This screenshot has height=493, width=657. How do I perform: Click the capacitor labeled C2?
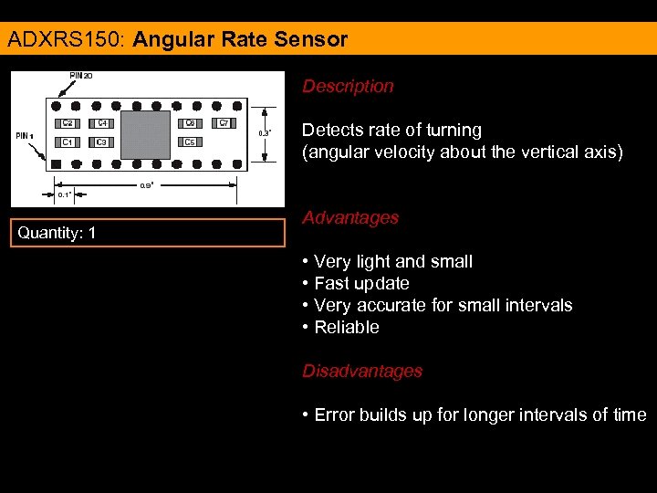(x=68, y=123)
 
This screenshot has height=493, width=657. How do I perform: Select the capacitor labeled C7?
(x=224, y=123)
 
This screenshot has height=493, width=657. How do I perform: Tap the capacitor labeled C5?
(x=189, y=142)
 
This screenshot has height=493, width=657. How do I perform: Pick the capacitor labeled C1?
(x=68, y=142)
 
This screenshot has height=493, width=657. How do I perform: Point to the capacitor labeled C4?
(x=103, y=123)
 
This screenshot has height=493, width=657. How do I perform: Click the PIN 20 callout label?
(x=81, y=76)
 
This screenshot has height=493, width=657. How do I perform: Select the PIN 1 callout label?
(x=25, y=136)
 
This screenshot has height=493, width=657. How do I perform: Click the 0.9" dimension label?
(x=146, y=185)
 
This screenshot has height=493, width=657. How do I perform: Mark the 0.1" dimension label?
(x=64, y=194)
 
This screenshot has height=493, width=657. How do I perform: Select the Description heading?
(x=348, y=87)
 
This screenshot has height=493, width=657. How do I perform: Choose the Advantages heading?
(x=350, y=218)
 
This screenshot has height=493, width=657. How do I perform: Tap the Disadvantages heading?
(x=362, y=372)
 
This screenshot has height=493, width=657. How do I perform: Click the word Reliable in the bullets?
(x=346, y=328)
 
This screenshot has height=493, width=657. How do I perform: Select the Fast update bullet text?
(x=361, y=284)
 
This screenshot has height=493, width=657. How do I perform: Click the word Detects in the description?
(x=328, y=131)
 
